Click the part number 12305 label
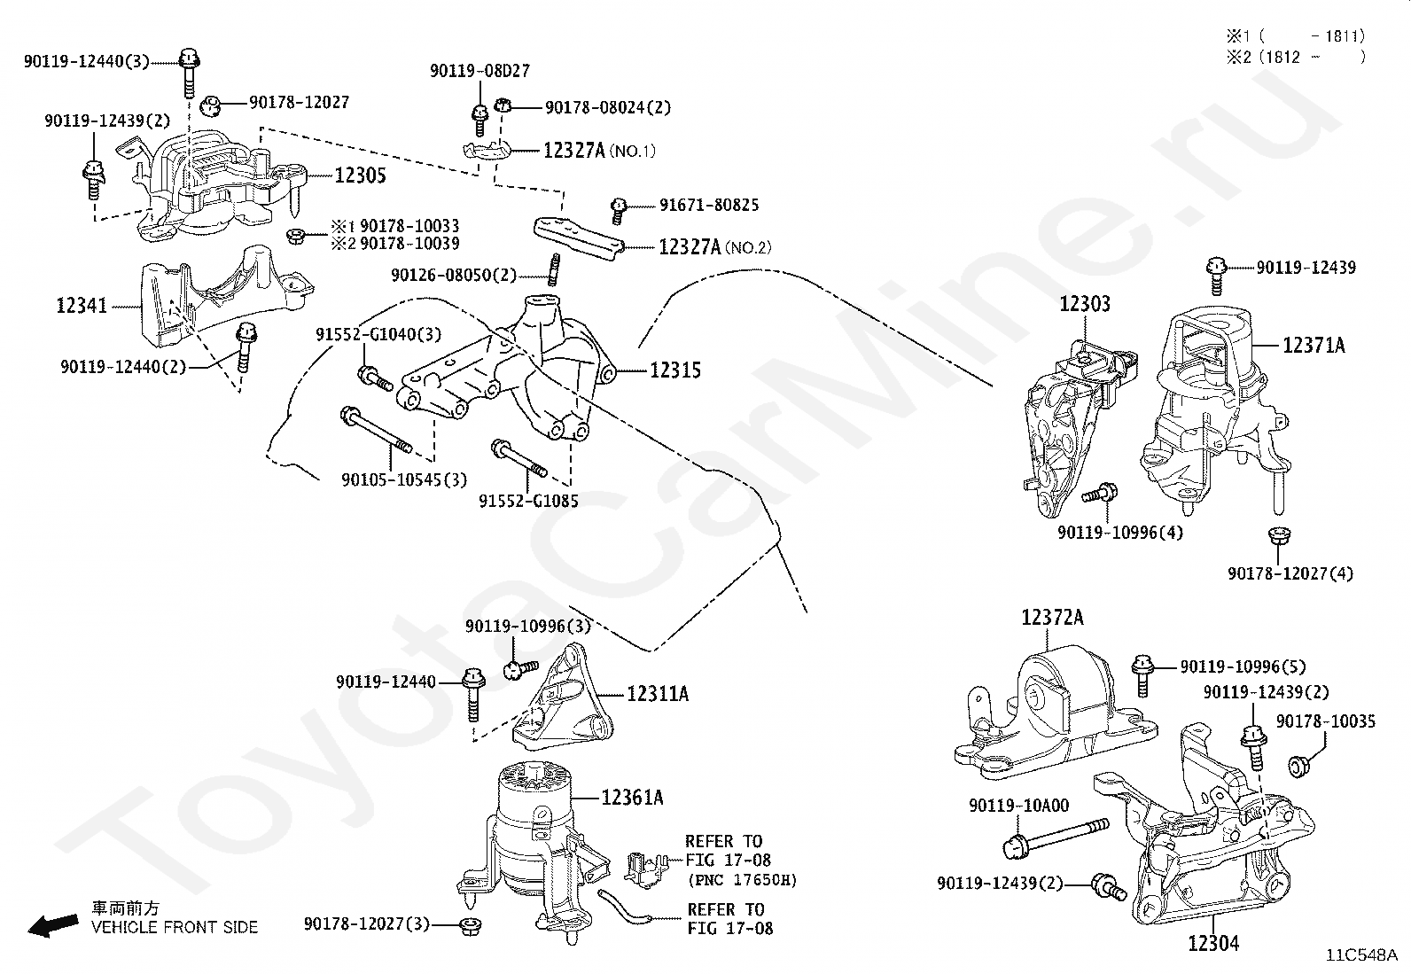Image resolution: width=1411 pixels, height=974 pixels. (x=360, y=175)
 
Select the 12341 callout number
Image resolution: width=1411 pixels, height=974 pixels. (x=82, y=306)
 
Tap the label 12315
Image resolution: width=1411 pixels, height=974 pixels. (x=674, y=370)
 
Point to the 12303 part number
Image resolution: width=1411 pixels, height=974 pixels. (x=1085, y=304)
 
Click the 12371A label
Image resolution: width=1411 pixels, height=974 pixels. (x=1314, y=346)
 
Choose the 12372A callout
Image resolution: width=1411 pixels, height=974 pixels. (x=1053, y=617)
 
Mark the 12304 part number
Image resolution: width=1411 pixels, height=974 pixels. (x=1213, y=943)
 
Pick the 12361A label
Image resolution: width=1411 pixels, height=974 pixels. (x=633, y=798)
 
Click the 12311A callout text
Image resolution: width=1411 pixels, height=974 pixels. (x=658, y=694)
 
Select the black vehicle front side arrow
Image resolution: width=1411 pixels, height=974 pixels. (x=53, y=925)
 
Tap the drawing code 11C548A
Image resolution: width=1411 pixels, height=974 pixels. (x=1361, y=955)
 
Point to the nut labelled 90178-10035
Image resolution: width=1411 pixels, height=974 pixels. (x=1299, y=766)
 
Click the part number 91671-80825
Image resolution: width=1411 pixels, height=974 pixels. (x=709, y=205)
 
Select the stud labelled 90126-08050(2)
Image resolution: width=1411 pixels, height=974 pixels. (x=554, y=269)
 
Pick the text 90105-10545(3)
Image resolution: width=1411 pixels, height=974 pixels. (x=404, y=480)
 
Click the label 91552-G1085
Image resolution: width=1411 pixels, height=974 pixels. (x=528, y=501)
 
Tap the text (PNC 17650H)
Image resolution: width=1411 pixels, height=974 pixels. (x=743, y=879)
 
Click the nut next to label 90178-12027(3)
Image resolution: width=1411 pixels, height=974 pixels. (x=469, y=925)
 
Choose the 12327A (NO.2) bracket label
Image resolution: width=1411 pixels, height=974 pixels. (x=715, y=246)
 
